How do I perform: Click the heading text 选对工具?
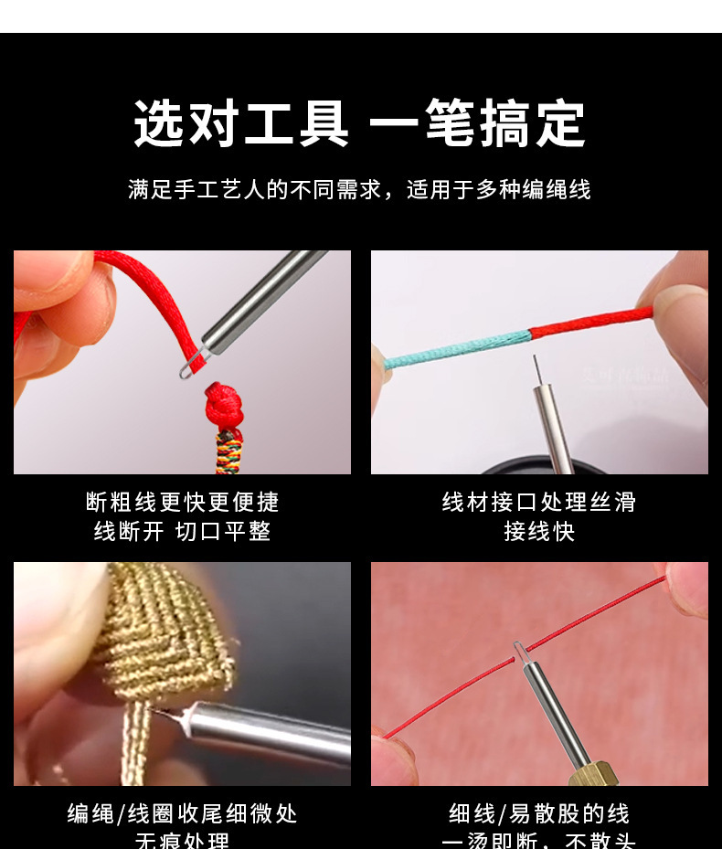[241, 124]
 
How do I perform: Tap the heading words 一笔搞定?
[477, 124]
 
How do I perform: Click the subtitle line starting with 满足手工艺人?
[359, 189]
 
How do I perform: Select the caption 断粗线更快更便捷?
[183, 502]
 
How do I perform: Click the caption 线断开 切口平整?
[183, 531]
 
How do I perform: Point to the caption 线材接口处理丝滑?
[539, 502]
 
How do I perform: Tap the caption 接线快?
[539, 531]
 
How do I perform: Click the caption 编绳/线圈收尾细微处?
[183, 813]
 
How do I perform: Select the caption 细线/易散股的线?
[539, 813]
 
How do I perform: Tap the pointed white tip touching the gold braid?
[165, 714]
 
